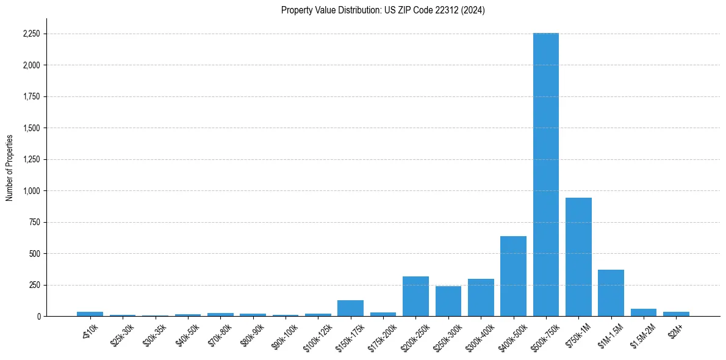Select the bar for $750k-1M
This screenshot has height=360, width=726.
[x=578, y=257]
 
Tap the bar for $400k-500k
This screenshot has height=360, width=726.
[x=513, y=276]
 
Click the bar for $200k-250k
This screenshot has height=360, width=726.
[x=415, y=297]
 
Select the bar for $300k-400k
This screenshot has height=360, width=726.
[x=481, y=298]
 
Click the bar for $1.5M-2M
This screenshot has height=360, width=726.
[x=644, y=312]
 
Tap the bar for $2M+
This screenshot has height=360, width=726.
[x=676, y=314]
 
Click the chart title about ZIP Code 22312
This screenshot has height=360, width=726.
[x=383, y=10]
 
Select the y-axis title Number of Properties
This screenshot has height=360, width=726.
[x=10, y=168]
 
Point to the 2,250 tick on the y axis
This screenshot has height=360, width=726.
[x=31, y=34]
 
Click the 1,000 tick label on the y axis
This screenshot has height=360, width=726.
[x=31, y=191]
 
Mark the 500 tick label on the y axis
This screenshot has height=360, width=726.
[x=34, y=254]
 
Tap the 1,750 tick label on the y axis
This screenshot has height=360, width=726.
[x=31, y=97]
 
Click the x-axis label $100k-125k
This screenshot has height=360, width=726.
[x=316, y=333]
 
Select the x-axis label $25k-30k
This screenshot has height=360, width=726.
[x=121, y=332]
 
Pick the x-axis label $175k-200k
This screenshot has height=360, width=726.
[x=381, y=333]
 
